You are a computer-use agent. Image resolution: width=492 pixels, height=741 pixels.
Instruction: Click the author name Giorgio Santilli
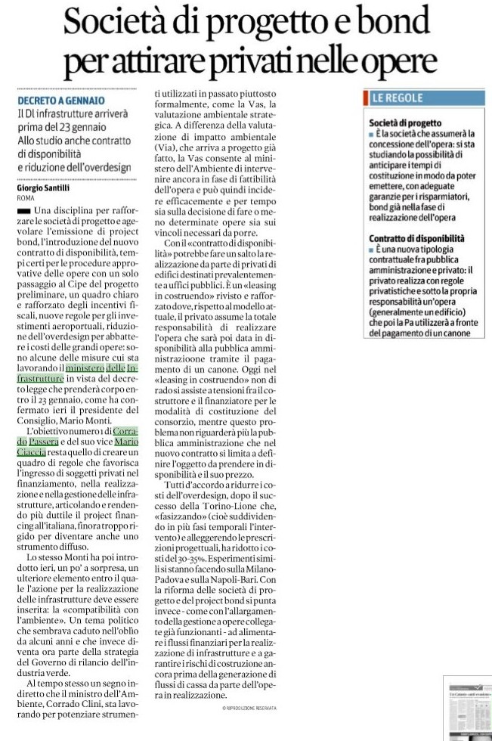pos(43,188)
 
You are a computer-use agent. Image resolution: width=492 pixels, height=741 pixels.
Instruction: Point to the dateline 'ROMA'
pos(25,197)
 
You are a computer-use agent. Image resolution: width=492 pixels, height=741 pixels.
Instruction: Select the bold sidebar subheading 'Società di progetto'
pos(404,122)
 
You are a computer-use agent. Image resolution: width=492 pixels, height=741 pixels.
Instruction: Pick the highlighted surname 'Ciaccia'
pos(32,451)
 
